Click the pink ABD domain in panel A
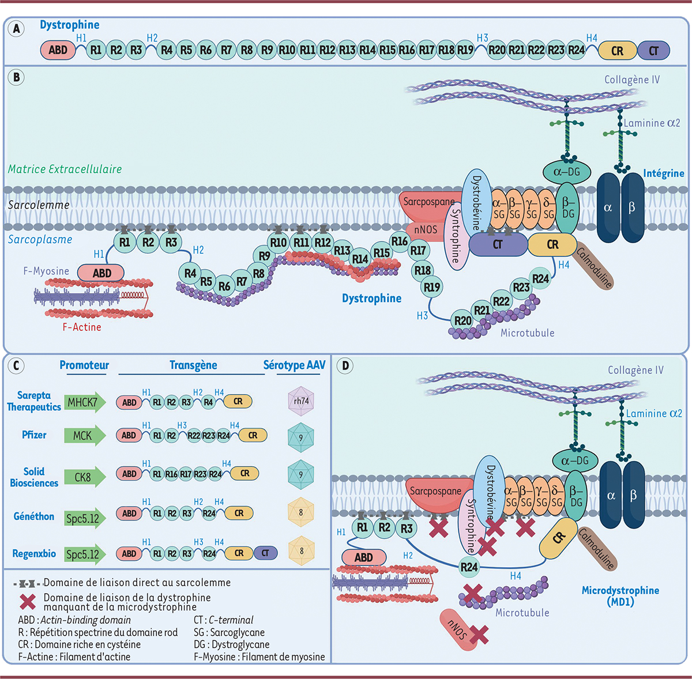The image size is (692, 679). coord(58,50)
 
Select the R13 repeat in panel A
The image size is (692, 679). coord(347,50)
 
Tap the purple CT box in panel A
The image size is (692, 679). coord(653,51)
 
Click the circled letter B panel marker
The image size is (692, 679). coord(17,77)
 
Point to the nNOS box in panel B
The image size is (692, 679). coord(425,229)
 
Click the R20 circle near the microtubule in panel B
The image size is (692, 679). coord(463,321)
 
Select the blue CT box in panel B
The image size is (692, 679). coord(497,244)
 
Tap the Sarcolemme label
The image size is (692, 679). coord(39,205)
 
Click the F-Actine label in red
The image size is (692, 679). coord(82,327)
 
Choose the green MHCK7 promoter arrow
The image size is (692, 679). coord(84,402)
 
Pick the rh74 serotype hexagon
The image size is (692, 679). coord(301,401)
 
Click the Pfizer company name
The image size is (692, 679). coord(34,435)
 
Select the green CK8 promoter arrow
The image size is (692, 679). coord(84,477)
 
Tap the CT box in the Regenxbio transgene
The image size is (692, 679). coord(265,553)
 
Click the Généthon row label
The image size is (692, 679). coord(34,516)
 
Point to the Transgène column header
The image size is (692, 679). coord(193,365)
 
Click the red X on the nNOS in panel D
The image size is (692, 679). coord(479,635)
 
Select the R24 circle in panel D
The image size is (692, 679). coord(469,567)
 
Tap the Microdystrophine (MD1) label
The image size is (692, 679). coord(620,595)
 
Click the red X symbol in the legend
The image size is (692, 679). coord(28,601)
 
